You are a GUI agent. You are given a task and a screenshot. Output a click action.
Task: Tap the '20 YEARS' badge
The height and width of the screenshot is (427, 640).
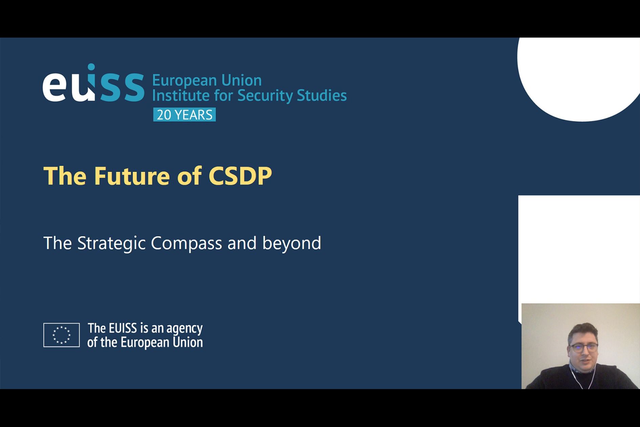[184, 115]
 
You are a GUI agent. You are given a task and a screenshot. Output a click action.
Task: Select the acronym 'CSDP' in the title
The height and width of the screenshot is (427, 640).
[240, 176]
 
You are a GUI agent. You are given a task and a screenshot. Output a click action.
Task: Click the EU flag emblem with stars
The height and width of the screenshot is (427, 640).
[61, 335]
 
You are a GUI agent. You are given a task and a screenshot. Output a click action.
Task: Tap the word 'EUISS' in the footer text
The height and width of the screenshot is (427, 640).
[123, 328]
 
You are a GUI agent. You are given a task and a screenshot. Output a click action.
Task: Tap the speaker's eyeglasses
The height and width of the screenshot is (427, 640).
[583, 347]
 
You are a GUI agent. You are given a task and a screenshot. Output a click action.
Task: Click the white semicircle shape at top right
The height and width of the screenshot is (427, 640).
[579, 80]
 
